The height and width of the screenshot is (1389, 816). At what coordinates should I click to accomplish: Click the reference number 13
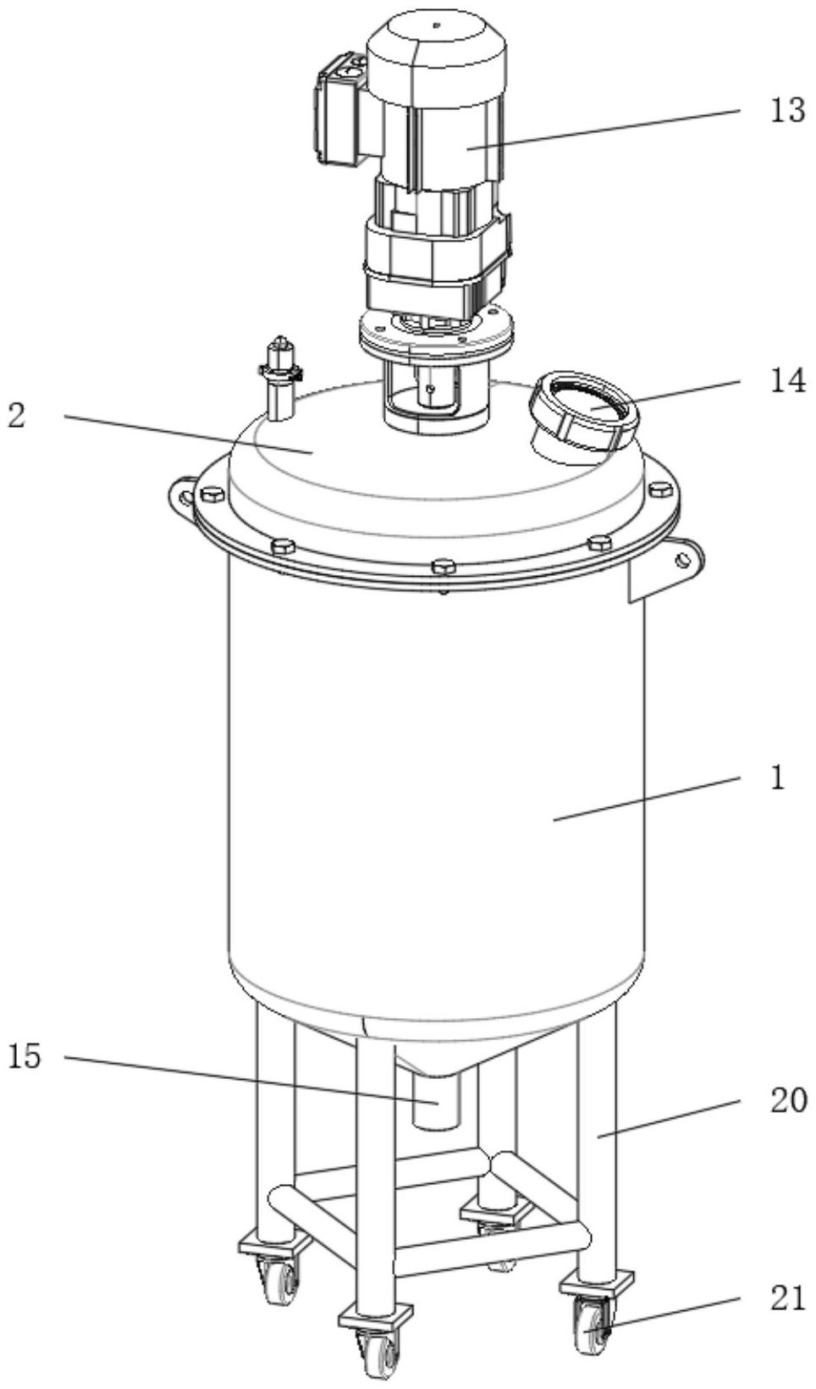pyautogui.click(x=787, y=111)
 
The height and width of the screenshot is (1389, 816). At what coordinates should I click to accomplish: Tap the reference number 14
pyautogui.click(x=787, y=381)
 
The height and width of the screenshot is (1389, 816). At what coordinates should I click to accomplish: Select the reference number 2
pyautogui.click(x=17, y=416)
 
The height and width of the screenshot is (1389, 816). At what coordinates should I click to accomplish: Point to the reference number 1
pyautogui.click(x=778, y=778)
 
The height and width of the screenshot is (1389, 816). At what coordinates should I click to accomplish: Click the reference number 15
pyautogui.click(x=25, y=1056)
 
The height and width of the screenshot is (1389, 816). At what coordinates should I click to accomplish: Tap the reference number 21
pyautogui.click(x=787, y=1281)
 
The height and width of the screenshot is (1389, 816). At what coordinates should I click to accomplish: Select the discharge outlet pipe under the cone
pyautogui.click(x=436, y=1103)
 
